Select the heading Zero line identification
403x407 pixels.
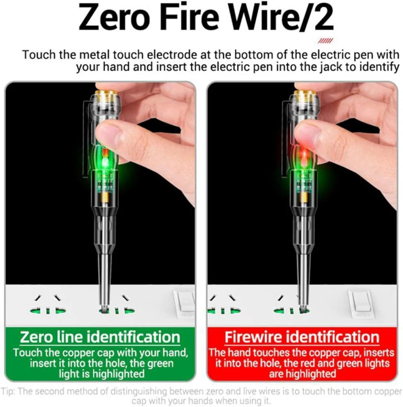100,337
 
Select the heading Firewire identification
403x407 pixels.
302,337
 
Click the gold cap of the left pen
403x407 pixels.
107,97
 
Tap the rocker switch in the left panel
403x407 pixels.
184,304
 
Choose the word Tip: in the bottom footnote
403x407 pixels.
9,391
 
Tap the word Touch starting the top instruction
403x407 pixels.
39,55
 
